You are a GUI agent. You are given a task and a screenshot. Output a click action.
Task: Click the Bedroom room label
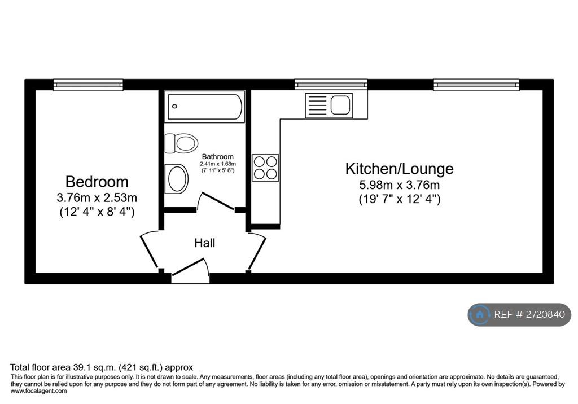(97, 182)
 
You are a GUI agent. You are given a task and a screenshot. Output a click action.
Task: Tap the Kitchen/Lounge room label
(399, 169)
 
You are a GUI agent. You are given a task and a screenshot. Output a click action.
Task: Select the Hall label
(204, 243)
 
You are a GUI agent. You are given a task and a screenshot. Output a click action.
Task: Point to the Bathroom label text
(217, 157)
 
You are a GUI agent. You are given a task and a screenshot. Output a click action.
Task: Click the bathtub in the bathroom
(204, 107)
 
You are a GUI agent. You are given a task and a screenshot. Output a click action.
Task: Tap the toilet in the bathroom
(181, 143)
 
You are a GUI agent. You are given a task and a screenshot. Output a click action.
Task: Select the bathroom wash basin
(177, 179)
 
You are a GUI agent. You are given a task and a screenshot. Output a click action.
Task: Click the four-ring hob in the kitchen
(265, 168)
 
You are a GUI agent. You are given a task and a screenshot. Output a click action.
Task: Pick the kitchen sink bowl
(340, 105)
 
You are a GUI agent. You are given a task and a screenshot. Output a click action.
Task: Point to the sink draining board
(317, 106)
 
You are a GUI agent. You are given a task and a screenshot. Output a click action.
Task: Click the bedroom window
(88, 85)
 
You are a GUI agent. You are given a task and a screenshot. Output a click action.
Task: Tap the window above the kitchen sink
(331, 85)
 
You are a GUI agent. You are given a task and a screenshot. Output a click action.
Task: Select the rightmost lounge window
(476, 85)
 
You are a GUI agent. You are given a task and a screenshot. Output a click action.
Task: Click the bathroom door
(217, 201)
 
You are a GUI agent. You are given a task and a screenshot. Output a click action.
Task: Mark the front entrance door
(190, 268)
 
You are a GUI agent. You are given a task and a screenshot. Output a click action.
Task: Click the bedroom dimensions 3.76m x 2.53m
(97, 198)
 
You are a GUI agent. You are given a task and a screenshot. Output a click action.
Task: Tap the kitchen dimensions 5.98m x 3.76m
(400, 185)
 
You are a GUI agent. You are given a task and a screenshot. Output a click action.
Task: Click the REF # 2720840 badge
(519, 314)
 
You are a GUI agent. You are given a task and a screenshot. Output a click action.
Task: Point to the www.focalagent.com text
(39, 391)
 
